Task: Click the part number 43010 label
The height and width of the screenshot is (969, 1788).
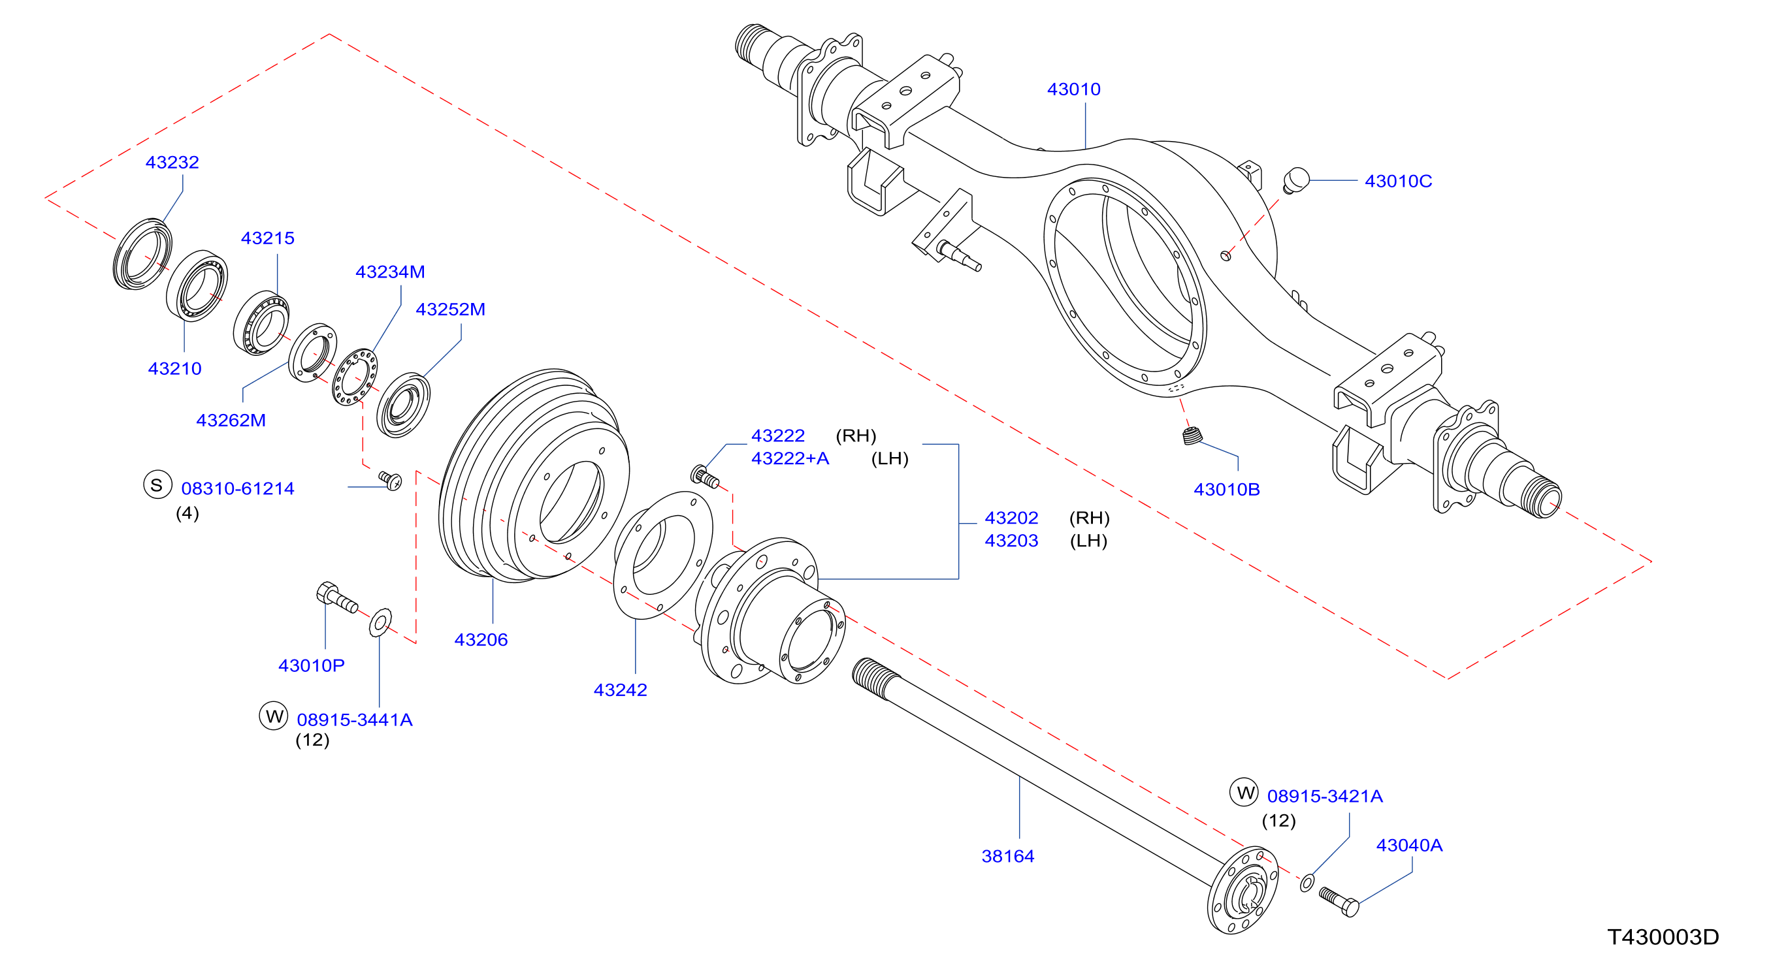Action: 1073,89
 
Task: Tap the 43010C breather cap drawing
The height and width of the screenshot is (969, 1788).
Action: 1295,180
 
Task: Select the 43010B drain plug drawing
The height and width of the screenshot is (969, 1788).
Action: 1192,436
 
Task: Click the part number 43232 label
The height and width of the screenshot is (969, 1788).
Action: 172,163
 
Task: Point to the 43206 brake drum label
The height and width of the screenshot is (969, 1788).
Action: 481,639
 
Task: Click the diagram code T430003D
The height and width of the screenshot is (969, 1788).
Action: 1663,937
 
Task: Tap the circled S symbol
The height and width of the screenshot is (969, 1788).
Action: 157,485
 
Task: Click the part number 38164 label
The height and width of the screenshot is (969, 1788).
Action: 1008,856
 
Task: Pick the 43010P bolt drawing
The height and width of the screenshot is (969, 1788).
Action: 336,598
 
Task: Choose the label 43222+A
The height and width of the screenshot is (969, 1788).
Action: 790,458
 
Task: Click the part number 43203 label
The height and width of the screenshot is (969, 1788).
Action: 1011,541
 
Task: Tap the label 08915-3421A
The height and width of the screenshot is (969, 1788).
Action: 1324,796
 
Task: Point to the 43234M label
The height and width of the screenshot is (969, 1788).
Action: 390,272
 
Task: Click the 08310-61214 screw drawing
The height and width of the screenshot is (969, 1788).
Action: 390,480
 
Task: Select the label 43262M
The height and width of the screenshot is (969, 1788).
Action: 231,421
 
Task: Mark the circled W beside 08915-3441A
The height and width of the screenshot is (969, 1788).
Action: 274,715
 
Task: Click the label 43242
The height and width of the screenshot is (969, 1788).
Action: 620,690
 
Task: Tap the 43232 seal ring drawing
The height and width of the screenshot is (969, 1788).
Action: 143,254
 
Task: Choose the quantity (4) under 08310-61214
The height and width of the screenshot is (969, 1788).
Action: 187,513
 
